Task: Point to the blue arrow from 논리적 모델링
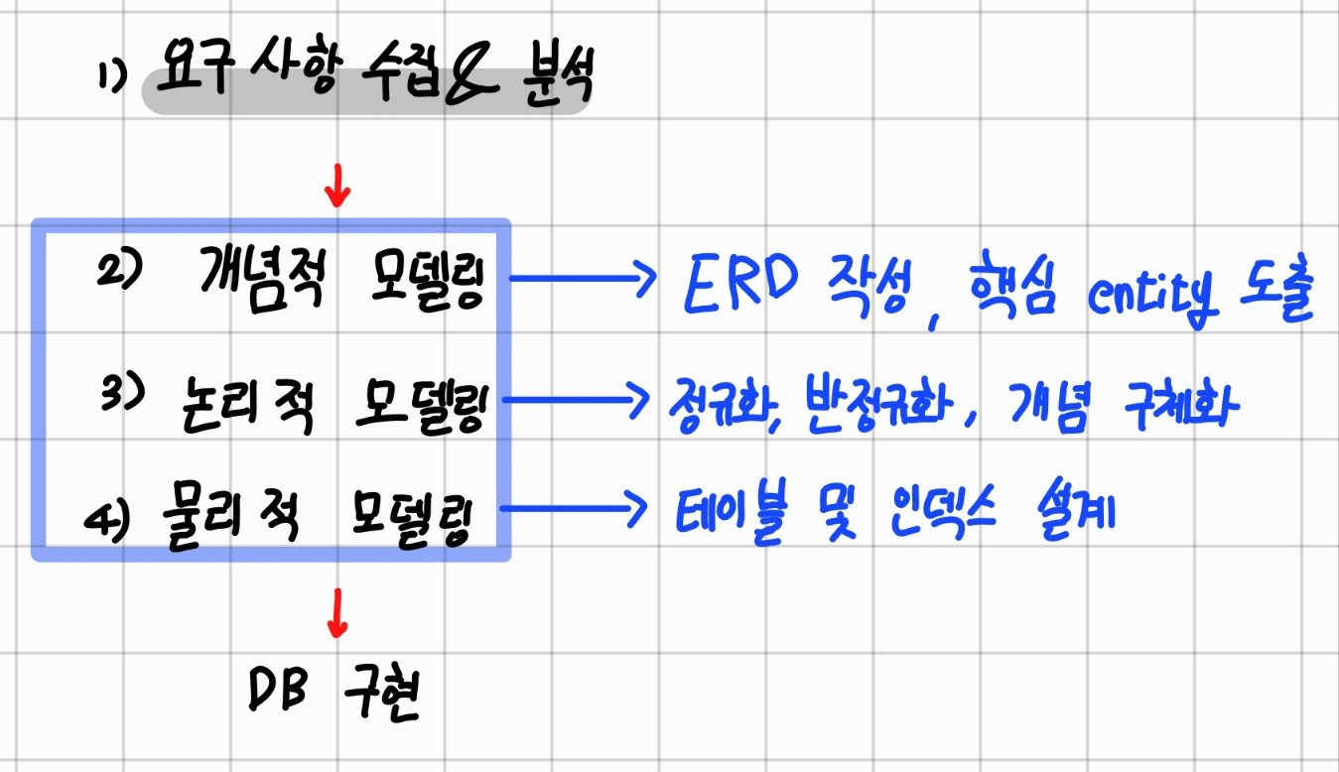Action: (580, 401)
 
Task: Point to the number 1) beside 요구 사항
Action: (113, 79)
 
